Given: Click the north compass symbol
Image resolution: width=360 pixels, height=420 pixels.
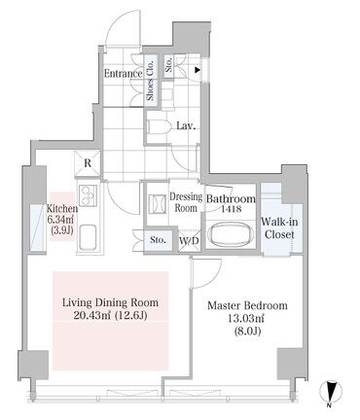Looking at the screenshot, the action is click(330, 394).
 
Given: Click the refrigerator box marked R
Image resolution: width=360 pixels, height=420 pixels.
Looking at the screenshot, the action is click(88, 163).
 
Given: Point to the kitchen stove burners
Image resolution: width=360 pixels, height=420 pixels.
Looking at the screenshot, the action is click(88, 194).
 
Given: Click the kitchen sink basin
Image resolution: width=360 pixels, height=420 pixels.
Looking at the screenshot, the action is click(88, 237).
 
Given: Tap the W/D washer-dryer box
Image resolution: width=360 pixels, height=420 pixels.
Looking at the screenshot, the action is click(189, 240).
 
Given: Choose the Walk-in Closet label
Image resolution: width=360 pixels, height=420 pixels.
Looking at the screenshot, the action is click(279, 228).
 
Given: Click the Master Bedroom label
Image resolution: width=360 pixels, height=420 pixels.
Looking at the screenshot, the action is click(247, 305).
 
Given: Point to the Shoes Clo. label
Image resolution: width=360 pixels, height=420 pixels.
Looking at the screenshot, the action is click(150, 80).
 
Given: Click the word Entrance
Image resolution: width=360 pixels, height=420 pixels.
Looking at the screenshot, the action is click(124, 74).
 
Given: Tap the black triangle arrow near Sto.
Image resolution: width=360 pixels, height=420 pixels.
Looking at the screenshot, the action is click(197, 70).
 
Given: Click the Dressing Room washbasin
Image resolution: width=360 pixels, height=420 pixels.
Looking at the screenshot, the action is click(158, 204).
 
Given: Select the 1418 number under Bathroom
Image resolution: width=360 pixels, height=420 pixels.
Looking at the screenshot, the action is click(231, 209).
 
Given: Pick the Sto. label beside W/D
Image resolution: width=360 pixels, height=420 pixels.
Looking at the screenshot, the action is click(159, 240).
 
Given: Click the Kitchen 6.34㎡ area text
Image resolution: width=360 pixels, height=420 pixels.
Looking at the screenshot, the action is click(60, 220).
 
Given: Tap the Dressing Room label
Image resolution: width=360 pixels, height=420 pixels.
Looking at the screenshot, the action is click(186, 202).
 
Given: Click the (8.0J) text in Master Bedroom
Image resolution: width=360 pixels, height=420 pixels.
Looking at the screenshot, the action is click(247, 332).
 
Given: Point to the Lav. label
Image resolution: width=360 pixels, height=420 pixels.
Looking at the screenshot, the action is click(186, 126).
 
